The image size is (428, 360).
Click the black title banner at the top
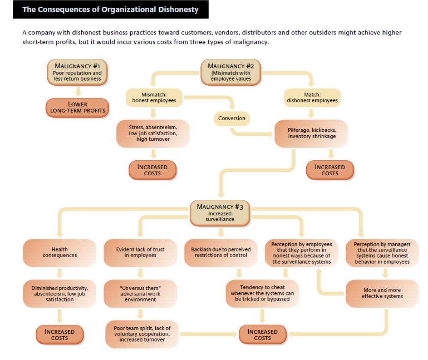[111, 9]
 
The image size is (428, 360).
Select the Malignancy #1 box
[77, 72]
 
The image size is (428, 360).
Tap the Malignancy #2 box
[231, 72]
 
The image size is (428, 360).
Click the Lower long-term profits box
[77, 107]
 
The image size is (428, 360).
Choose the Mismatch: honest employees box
[153, 97]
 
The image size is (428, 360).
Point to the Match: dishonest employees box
[312, 97]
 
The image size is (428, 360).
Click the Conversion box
[231, 118]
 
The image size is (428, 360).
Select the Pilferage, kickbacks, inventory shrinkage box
[311, 133]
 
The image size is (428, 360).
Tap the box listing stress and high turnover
[153, 133]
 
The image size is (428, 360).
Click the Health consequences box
[59, 252]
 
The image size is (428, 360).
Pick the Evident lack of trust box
[140, 252]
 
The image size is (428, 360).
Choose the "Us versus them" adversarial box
[140, 293]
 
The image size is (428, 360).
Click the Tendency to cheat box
[262, 293]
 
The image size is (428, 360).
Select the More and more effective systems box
[382, 293]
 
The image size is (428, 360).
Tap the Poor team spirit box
[142, 334]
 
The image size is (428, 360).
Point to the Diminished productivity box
[59, 293]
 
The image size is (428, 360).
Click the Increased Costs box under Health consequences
[59, 335]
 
